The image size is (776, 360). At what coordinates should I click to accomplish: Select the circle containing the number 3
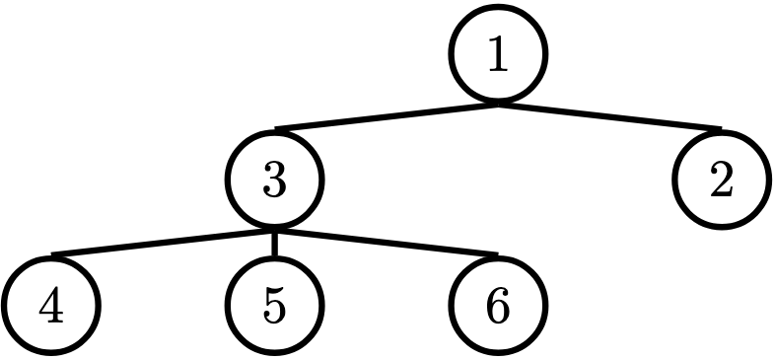pos(274,180)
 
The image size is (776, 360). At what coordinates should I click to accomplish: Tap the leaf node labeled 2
pos(721,180)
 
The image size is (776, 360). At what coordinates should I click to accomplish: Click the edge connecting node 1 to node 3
pos(387,115)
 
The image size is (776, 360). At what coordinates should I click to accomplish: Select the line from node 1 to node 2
pos(609,115)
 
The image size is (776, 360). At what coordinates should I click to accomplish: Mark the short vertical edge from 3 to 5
pos(274,244)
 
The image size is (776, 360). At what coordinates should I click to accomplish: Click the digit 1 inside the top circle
pos(498,55)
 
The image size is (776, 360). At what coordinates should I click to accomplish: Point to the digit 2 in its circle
pos(721,180)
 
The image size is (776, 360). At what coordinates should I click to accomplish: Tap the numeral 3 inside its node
pos(274,180)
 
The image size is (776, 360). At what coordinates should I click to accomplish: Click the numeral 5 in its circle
pos(274,306)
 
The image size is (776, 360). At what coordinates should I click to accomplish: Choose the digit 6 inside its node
pos(498,306)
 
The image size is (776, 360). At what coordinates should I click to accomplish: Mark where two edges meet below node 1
pos(498,103)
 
